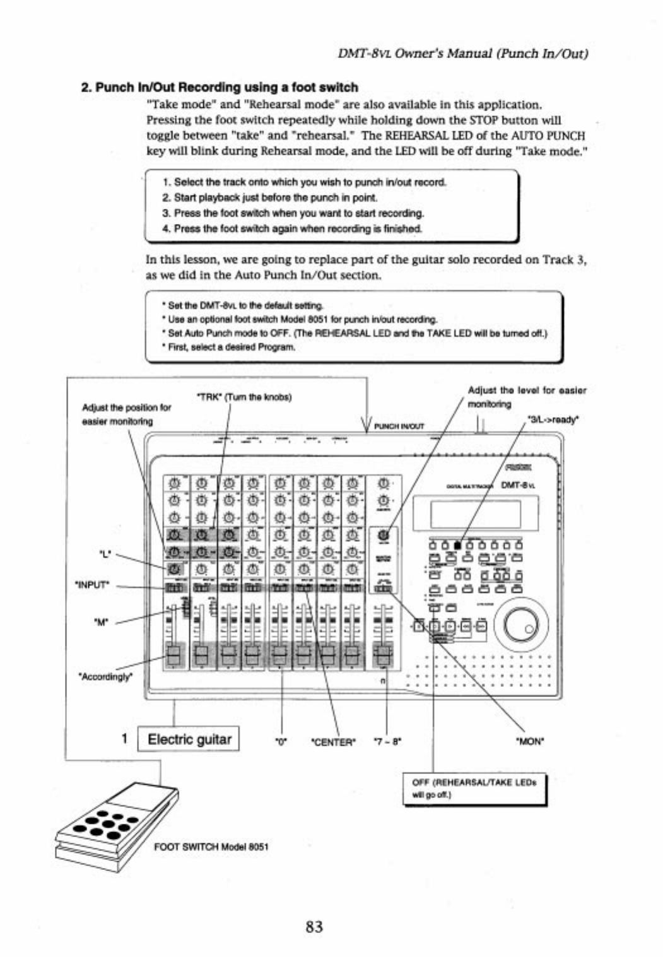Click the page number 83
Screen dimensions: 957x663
click(x=314, y=926)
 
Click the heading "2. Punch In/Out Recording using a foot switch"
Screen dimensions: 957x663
click(x=220, y=88)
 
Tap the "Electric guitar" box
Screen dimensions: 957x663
click(x=189, y=739)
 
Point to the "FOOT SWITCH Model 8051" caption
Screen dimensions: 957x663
click(x=211, y=847)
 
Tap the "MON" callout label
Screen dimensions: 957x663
click(x=530, y=742)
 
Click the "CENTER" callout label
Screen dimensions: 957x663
click(x=334, y=742)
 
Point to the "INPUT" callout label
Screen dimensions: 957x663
click(x=93, y=585)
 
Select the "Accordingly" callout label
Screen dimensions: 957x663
click(x=105, y=677)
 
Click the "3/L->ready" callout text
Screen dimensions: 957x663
click(x=553, y=419)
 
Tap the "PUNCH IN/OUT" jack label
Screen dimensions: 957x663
click(x=399, y=426)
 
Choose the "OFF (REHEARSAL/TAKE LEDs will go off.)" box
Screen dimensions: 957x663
click(x=474, y=789)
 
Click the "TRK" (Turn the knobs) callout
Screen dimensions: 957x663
click(x=245, y=397)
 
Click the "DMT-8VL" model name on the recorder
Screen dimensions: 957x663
click(x=518, y=485)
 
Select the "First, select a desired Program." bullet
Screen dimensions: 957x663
click(x=231, y=347)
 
